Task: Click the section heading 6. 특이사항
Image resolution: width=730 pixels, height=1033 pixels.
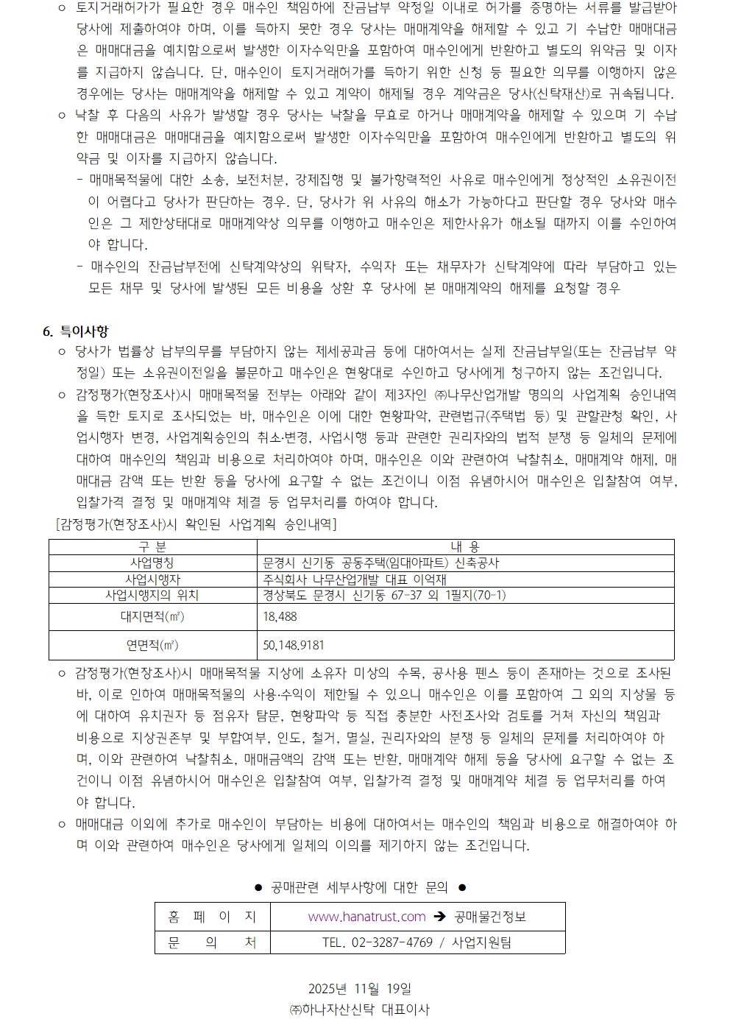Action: click(x=76, y=331)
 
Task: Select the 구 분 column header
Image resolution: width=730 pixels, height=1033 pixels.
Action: click(x=152, y=546)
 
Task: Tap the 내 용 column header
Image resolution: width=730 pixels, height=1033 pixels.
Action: click(x=465, y=546)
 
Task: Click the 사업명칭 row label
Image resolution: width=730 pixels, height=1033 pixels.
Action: click(x=152, y=563)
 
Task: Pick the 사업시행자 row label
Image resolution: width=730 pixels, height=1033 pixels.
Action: click(x=152, y=579)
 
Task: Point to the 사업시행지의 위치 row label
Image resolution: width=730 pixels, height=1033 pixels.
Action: click(x=152, y=595)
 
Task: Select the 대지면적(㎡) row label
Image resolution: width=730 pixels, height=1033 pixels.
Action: click(x=152, y=617)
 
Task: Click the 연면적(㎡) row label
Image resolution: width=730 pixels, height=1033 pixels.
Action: click(x=152, y=646)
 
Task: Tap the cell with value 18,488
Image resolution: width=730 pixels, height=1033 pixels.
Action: click(x=280, y=617)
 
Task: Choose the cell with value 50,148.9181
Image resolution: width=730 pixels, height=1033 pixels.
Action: click(x=294, y=646)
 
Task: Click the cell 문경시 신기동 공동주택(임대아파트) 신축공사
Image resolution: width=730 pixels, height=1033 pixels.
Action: click(x=380, y=563)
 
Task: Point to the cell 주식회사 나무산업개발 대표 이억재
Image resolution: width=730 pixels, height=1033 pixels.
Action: click(x=355, y=579)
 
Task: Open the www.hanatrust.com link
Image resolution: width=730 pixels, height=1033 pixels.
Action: click(x=366, y=917)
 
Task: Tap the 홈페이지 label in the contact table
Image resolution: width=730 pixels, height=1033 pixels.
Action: click(x=212, y=917)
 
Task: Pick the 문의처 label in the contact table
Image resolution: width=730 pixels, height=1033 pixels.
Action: click(x=212, y=942)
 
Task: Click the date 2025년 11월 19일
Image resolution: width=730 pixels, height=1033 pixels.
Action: click(x=360, y=989)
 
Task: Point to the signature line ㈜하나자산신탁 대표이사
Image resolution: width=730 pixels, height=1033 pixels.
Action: click(x=360, y=1010)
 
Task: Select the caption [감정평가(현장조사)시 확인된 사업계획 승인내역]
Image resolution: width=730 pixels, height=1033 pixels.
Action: click(x=196, y=524)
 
